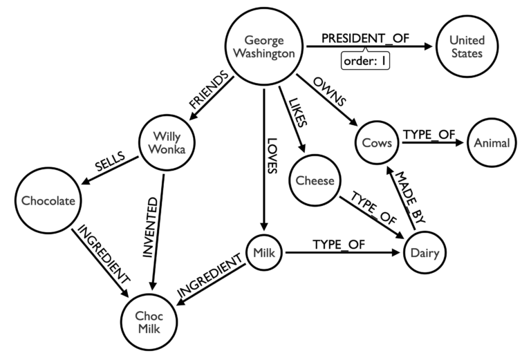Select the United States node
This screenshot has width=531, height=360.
[x=463, y=47]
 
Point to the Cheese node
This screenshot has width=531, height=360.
[x=315, y=181]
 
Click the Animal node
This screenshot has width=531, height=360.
[x=492, y=143]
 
